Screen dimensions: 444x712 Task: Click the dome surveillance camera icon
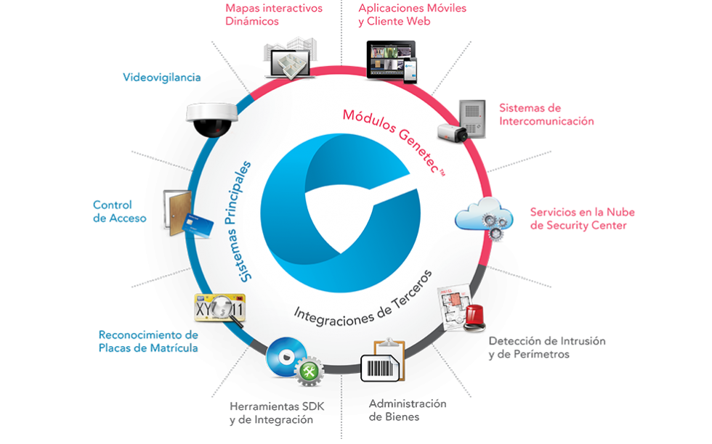[x=211, y=117]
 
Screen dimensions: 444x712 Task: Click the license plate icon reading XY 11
[x=220, y=308]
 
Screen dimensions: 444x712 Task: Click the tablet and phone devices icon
[x=392, y=60]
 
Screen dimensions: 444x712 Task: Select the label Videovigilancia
[x=161, y=76]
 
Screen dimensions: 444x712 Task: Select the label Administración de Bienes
[x=406, y=411]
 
